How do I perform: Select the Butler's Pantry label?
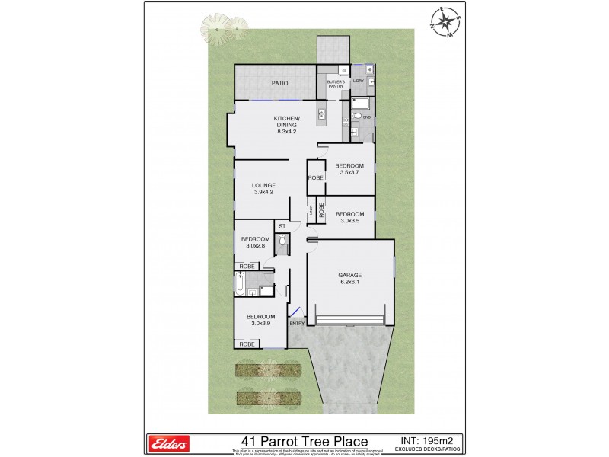(x=336, y=84)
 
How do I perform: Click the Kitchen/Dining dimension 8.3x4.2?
(x=286, y=132)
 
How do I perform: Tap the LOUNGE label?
(x=263, y=185)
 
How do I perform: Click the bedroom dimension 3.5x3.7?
(x=350, y=172)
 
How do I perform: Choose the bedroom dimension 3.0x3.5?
(x=350, y=220)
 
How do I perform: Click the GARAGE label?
(x=350, y=275)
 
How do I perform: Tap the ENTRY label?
(x=297, y=324)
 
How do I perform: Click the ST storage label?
(x=281, y=226)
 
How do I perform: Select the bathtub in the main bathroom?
(x=241, y=286)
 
